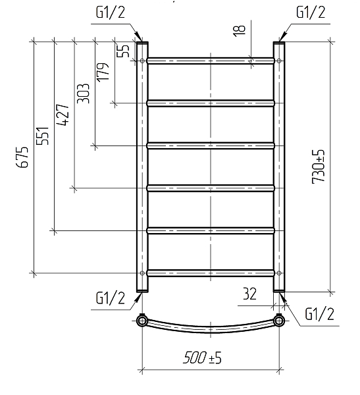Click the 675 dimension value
coord(22,157)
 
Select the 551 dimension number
coord(42,135)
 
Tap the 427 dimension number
coord(63,115)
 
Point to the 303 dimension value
coord(83,93)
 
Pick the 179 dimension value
coord(103,72)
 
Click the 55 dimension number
coord(124,51)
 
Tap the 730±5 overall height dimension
coord(319,167)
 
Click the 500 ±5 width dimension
coord(202,357)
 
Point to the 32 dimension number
coord(249,294)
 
